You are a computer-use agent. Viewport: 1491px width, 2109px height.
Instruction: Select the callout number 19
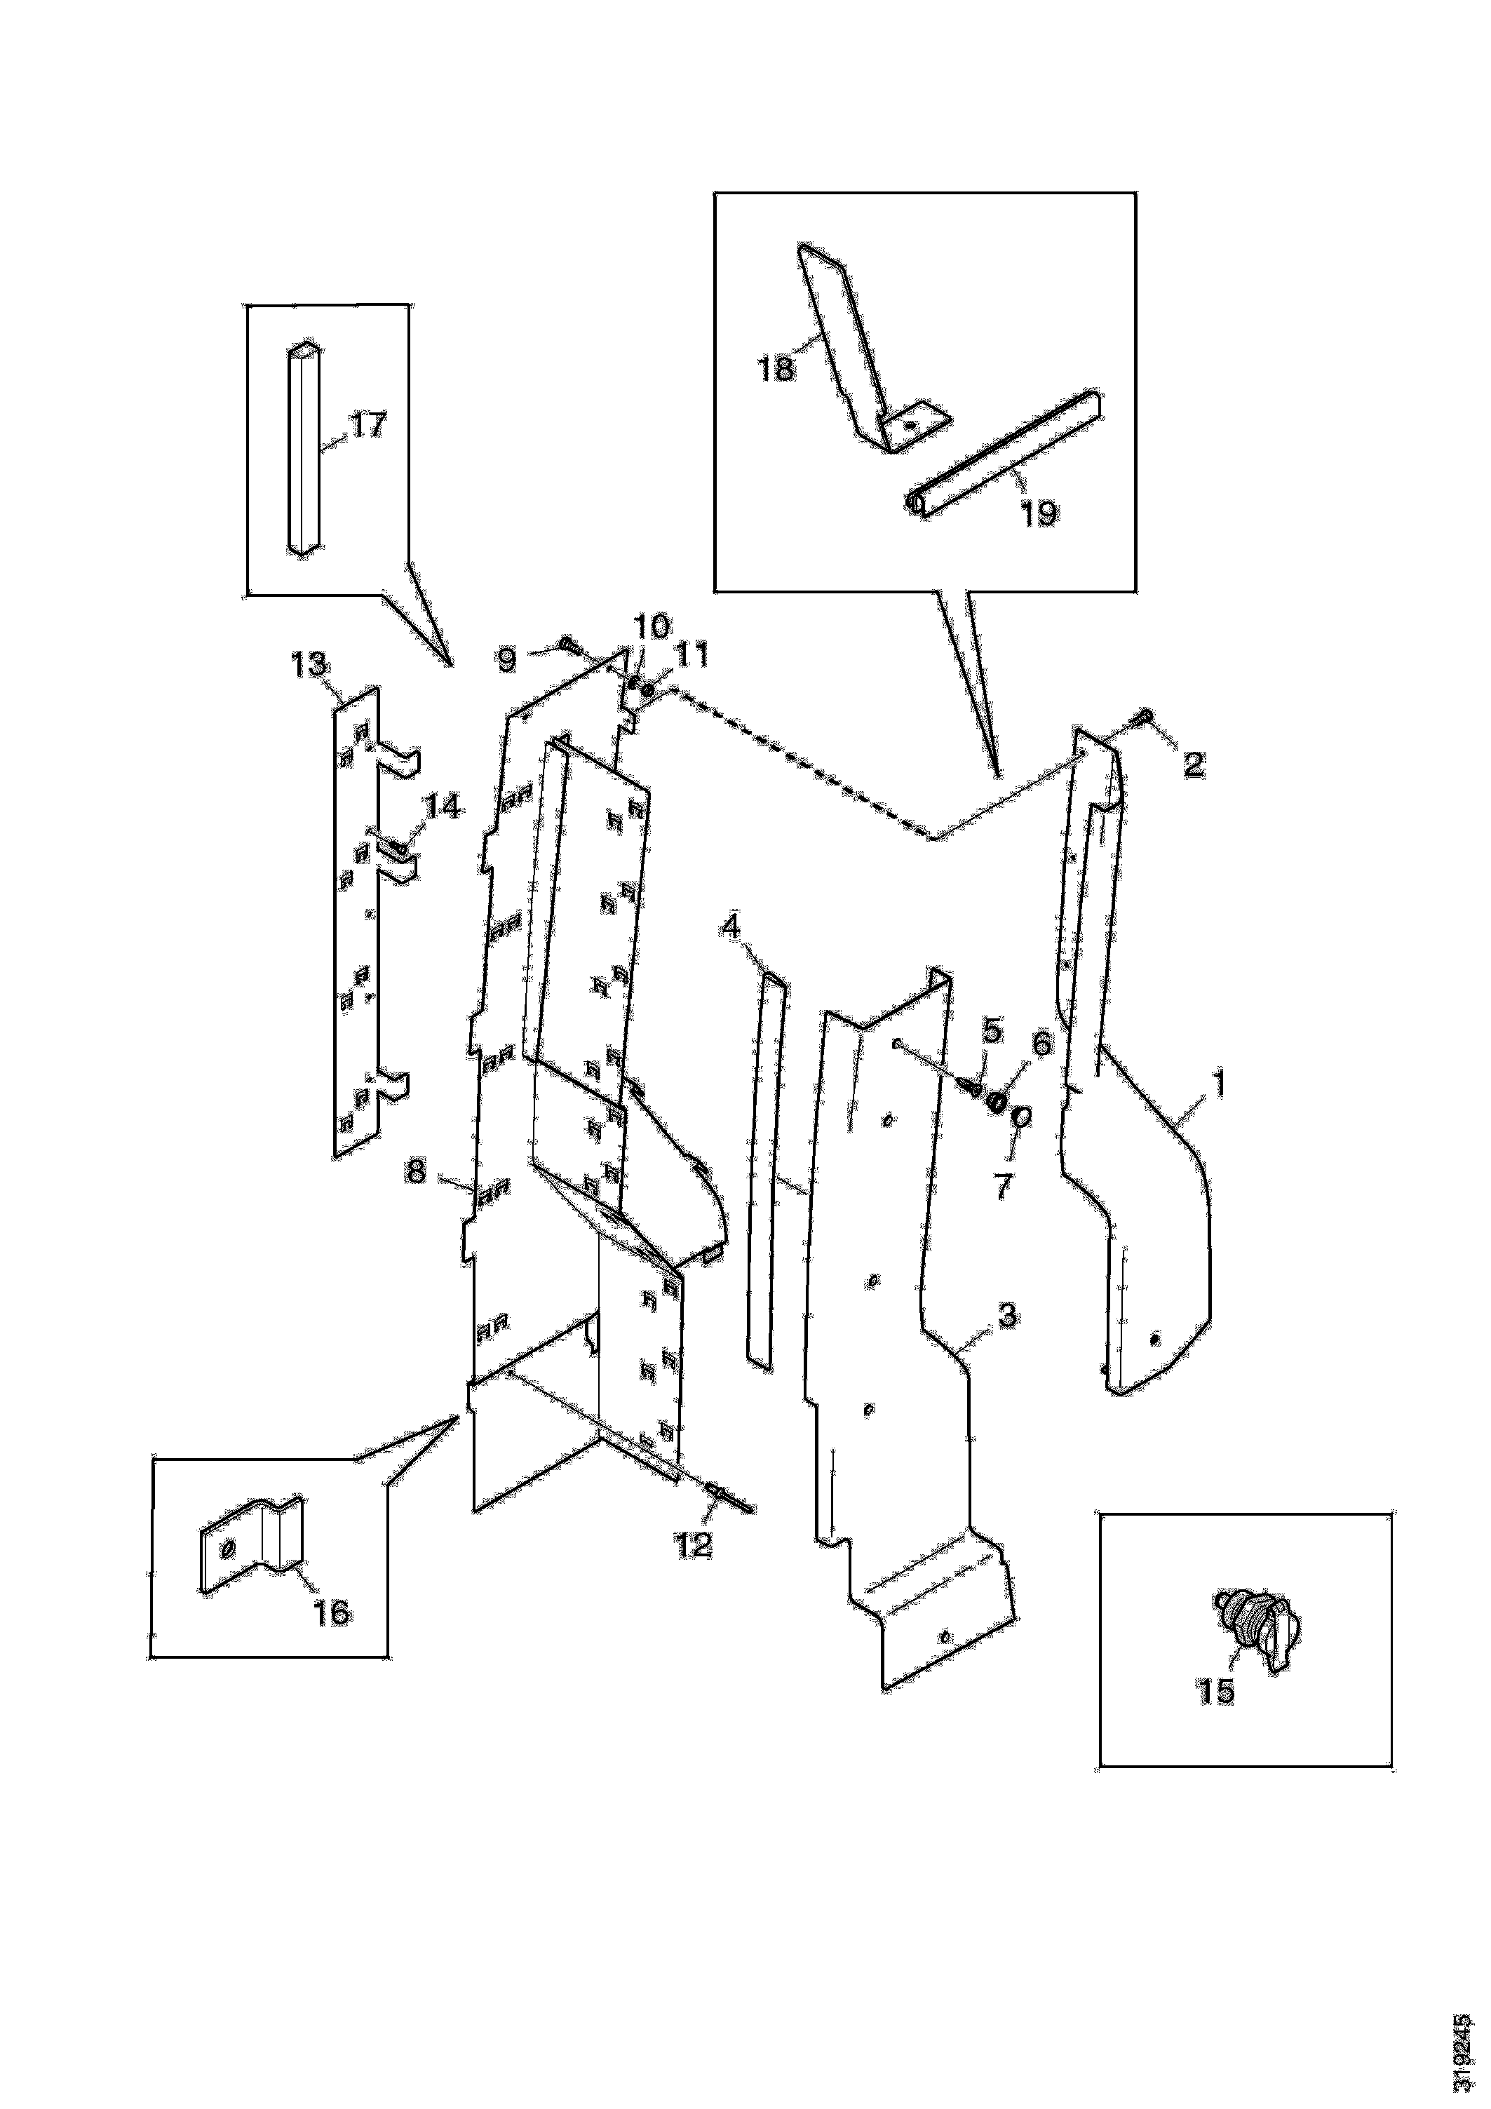pyautogui.click(x=1039, y=513)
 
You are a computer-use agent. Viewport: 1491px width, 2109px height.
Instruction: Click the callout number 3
pyautogui.click(x=1007, y=1315)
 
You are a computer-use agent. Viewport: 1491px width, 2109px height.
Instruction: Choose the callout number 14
pyautogui.click(x=442, y=807)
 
